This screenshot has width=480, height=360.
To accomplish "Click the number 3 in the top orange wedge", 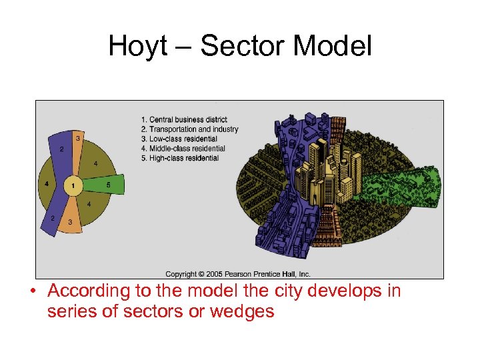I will pos(78,138).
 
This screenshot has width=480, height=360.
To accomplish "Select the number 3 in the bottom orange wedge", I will pos(69,222).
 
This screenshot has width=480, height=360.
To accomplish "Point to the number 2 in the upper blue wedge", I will pos(62,149).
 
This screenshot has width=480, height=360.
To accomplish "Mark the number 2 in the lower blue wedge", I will pos(52,219).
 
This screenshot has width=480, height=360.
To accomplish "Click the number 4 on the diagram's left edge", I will pos(46,184).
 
